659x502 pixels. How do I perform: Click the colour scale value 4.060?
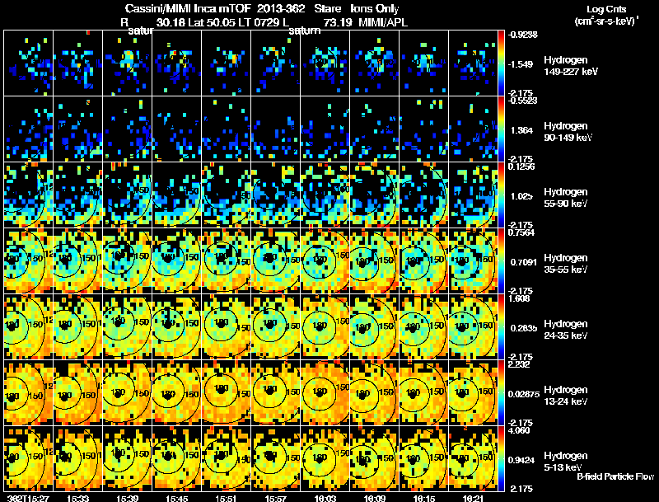point(524,430)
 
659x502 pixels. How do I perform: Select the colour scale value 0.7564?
point(524,232)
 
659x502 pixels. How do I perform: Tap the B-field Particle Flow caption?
point(615,476)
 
